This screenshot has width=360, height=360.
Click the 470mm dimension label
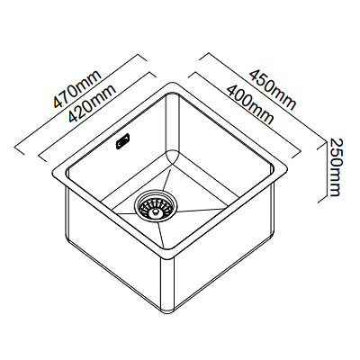click(77, 89)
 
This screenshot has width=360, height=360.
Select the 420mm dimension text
click(92, 103)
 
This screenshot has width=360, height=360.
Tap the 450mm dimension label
click(273, 89)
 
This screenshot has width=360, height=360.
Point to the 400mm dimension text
click(250, 104)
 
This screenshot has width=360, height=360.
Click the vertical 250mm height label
click(335, 167)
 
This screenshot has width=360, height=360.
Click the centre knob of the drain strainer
click(155, 211)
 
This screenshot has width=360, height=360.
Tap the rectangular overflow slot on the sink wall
click(123, 141)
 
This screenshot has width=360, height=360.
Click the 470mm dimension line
click(81, 104)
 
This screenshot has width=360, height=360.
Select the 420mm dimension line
click(98, 117)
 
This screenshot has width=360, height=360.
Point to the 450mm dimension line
click(264, 98)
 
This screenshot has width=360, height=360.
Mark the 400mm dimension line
click(244, 115)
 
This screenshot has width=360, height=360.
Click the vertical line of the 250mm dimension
click(326, 172)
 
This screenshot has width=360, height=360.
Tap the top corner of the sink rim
click(173, 82)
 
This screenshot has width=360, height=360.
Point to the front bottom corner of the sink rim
click(168, 257)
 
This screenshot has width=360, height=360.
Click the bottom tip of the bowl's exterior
click(167, 311)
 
